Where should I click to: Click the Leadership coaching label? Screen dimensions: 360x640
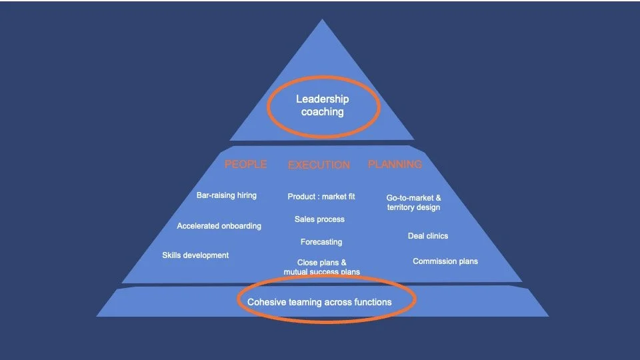coord(323,105)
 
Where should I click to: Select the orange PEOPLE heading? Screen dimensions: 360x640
coord(245,164)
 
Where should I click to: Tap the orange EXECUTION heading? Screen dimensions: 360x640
coord(319,165)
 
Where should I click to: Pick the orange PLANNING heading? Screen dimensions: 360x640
coord(395,164)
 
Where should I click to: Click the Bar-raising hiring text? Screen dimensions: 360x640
coord(227,195)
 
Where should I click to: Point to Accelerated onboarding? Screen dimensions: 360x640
coord(219,226)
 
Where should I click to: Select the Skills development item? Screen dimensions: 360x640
coord(195,255)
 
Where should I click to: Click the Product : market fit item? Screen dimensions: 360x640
coord(321,197)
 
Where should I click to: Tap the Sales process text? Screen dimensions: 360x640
coord(319,219)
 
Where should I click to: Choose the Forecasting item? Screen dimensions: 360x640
coord(321,242)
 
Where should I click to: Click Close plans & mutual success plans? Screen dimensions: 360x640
coord(321,267)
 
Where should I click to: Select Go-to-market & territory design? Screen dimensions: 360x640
coord(413,203)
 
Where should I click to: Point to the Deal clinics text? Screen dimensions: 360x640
coord(428,236)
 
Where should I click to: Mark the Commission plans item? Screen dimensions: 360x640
coord(445,261)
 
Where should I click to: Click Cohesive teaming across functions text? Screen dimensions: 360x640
coord(319,302)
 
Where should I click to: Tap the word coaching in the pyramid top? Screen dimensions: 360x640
coord(323,112)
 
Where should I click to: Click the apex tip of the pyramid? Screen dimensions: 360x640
coord(323,21)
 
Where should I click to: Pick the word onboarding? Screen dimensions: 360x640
coord(239,226)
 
